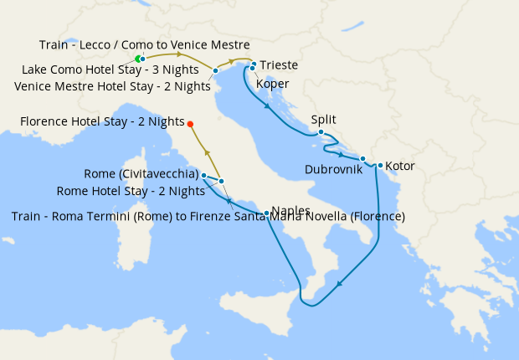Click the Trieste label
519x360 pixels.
pos(279,65)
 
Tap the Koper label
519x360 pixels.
pos(273,84)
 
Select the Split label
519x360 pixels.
pos(323,120)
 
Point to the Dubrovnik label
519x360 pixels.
pos(334,168)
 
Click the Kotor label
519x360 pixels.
pos(400,166)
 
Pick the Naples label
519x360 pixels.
pos(291,211)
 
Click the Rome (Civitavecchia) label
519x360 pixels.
pos(141,174)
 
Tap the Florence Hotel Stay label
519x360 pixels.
pos(101,122)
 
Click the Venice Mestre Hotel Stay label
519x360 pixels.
pos(113,85)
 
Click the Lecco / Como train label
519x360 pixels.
pos(144,44)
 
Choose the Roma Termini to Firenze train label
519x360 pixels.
pos(208,217)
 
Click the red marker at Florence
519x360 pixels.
pos(190,124)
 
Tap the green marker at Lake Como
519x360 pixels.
pos(138,59)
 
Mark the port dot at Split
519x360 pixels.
pos(321,131)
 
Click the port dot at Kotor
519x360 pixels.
pos(380,165)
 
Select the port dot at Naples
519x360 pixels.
pos(266,213)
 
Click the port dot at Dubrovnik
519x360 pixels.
pos(362,158)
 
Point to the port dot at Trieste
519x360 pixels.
pos(253,64)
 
